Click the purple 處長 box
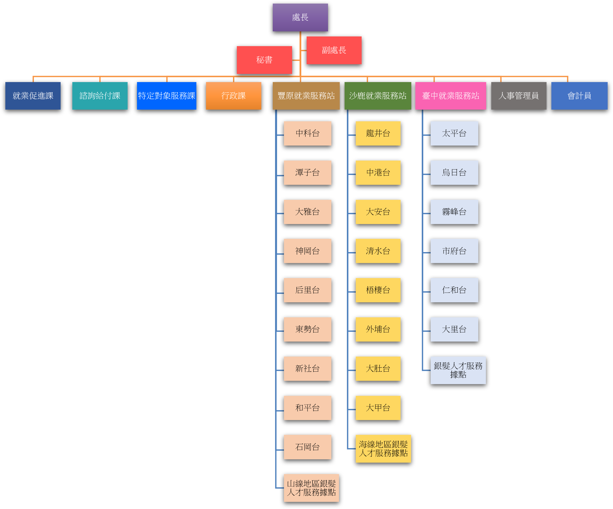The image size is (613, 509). click(300, 17)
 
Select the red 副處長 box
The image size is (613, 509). click(334, 50)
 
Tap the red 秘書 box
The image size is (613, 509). click(264, 60)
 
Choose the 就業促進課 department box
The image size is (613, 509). click(33, 96)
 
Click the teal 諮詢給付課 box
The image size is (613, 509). click(100, 96)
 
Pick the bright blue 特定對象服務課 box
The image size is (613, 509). click(166, 96)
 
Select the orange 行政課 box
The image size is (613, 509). click(234, 96)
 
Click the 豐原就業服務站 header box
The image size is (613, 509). click(306, 96)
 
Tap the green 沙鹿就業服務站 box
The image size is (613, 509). click(378, 96)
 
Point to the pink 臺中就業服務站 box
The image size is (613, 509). click(451, 96)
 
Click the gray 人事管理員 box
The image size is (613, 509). click(519, 96)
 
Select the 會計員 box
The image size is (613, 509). click(579, 96)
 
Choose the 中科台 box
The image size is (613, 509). click(307, 133)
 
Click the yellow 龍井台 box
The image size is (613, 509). click(378, 133)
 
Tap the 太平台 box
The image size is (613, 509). click(454, 133)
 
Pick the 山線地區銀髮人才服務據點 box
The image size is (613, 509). click(311, 488)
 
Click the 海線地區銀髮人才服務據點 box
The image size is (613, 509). click(383, 449)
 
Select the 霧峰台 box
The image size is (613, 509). click(454, 212)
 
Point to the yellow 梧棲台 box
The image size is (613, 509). click(378, 290)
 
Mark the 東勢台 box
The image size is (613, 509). click(307, 329)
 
